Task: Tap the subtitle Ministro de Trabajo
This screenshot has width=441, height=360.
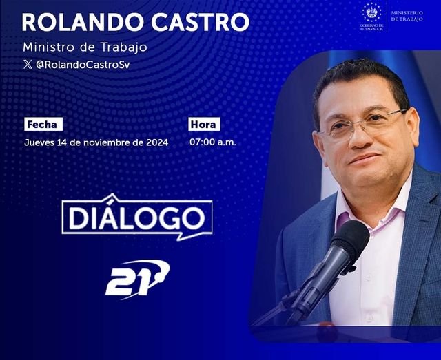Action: point(85,47)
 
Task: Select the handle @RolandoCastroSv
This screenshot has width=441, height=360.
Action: point(82,64)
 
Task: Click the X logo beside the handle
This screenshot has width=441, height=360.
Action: point(27,64)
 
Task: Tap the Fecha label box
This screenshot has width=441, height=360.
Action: point(43,125)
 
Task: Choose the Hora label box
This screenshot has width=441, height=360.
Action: point(204,125)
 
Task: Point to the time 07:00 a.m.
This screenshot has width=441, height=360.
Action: point(213,142)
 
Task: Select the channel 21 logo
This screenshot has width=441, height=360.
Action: point(136,277)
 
